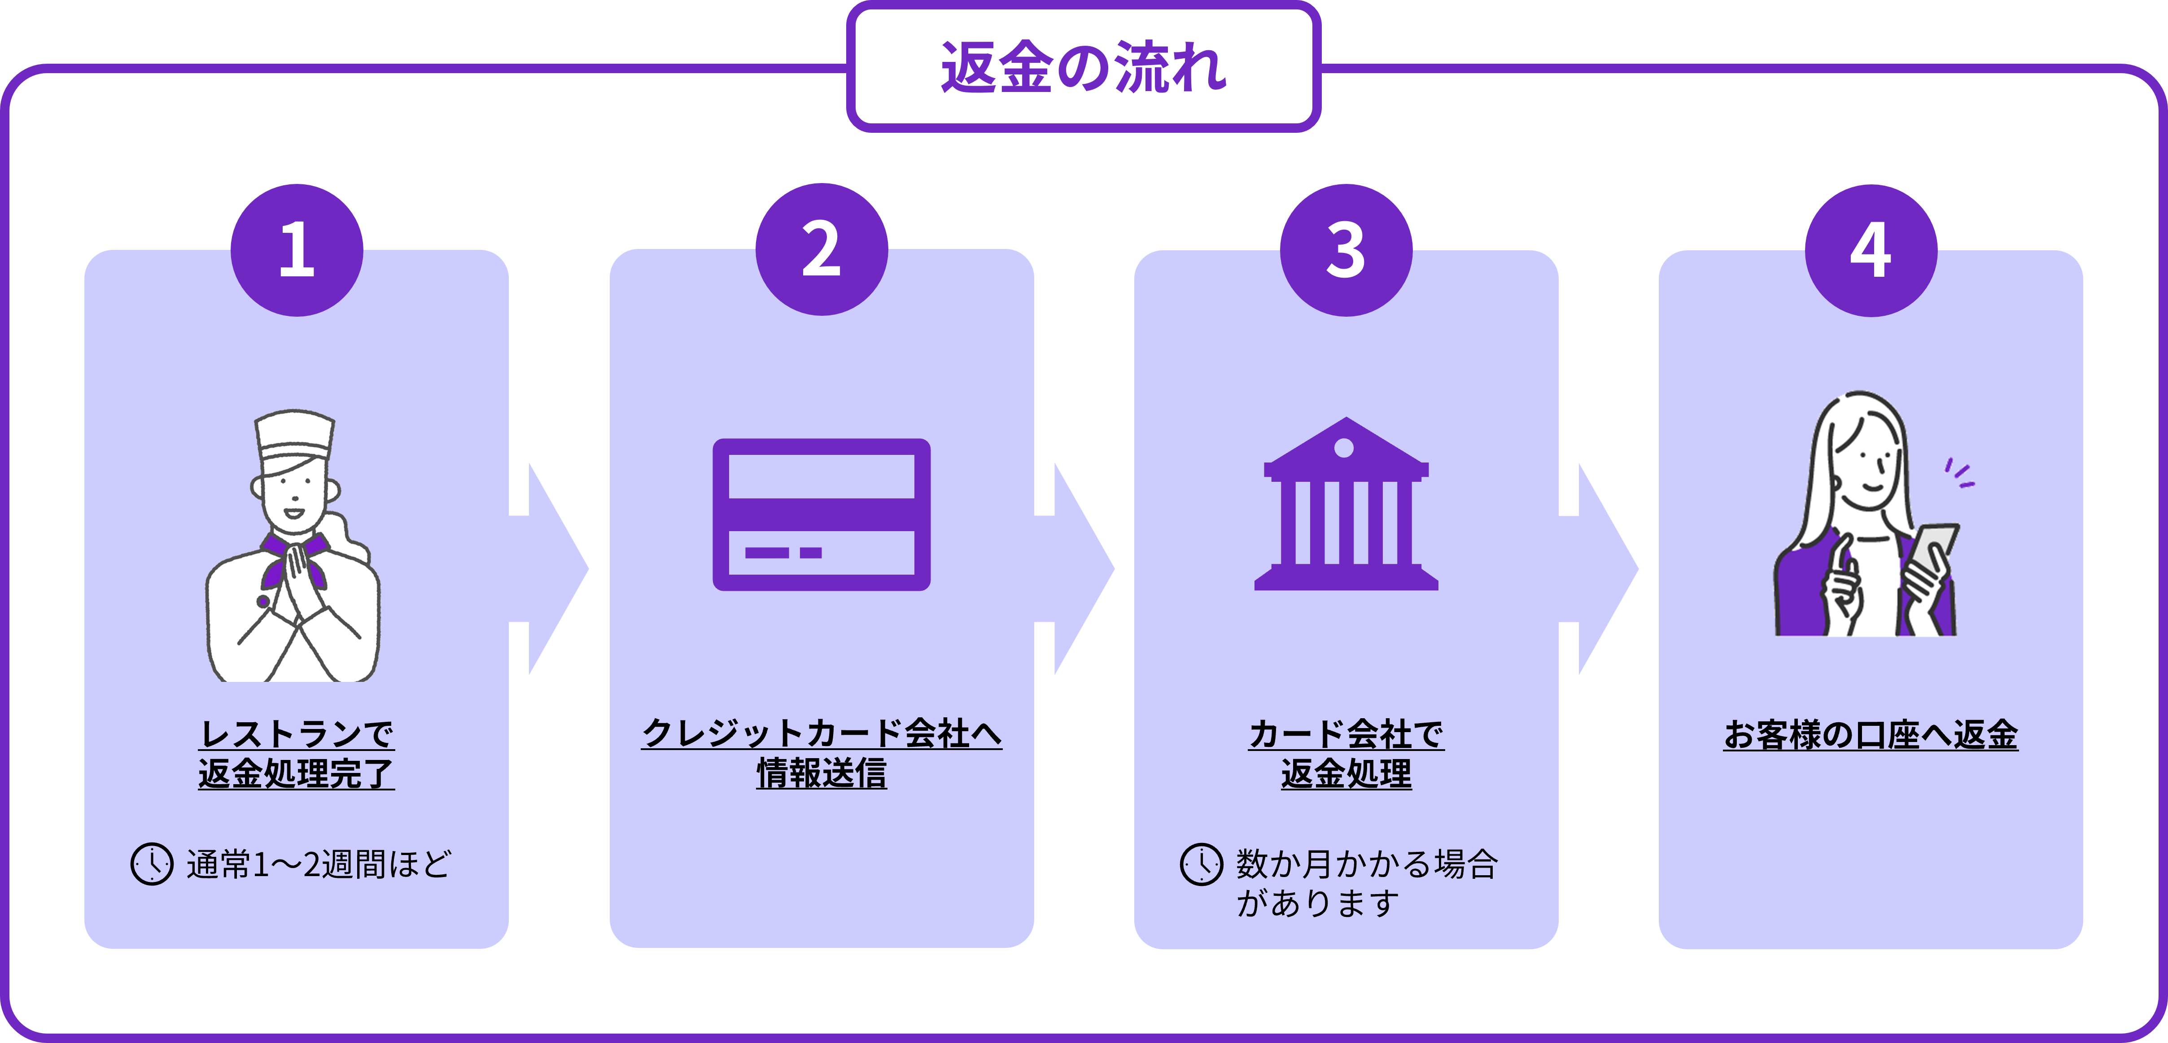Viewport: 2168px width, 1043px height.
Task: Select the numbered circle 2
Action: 822,249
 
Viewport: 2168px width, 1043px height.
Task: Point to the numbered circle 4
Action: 1871,250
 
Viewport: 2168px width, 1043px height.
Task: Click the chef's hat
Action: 295,440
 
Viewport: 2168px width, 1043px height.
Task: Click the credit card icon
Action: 822,515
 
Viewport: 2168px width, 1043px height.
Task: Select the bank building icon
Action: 1346,503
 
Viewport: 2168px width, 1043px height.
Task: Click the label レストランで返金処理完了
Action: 296,753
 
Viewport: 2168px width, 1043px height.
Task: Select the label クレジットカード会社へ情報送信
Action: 822,753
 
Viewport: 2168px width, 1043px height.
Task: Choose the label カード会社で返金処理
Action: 1346,753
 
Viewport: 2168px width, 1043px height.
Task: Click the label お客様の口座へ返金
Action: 1871,734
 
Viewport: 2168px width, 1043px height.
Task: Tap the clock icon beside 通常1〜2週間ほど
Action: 152,864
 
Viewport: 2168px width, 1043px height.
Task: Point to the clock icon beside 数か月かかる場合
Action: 1201,864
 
